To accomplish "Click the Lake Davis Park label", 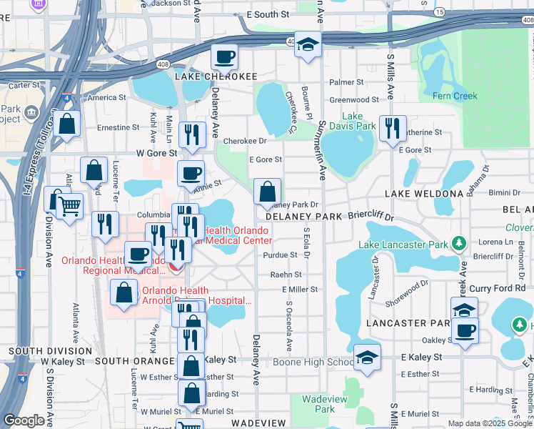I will (x=358, y=121).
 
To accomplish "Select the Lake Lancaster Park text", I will (x=402, y=245).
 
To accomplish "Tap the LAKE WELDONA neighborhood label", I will (x=424, y=194).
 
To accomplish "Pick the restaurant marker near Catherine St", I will (x=392, y=129).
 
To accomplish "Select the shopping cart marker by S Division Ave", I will (x=69, y=207).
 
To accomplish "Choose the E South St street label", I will (x=268, y=14).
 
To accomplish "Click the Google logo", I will (x=24, y=420).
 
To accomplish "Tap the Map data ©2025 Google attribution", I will (x=490, y=423).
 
